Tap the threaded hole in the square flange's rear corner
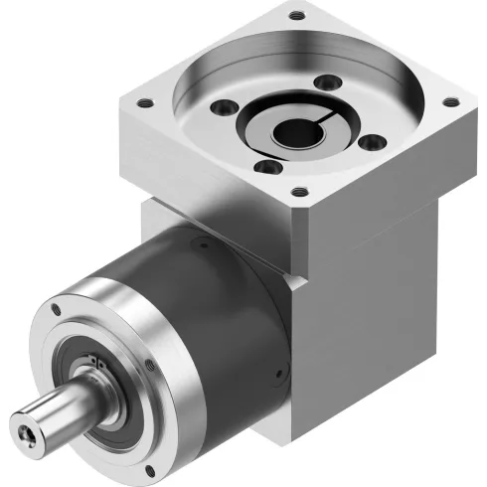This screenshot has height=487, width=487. pyautogui.click(x=296, y=15)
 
